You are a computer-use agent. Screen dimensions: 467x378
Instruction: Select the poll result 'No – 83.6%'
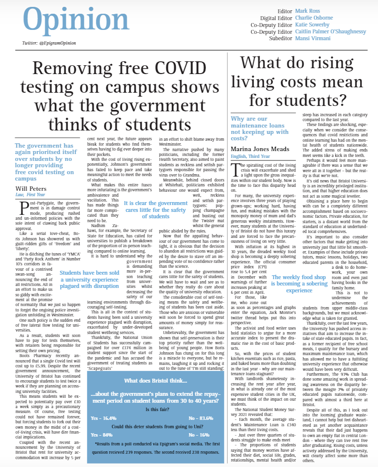201,418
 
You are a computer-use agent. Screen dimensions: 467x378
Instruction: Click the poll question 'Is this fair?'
151,410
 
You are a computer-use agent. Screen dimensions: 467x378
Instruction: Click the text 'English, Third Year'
251,156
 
